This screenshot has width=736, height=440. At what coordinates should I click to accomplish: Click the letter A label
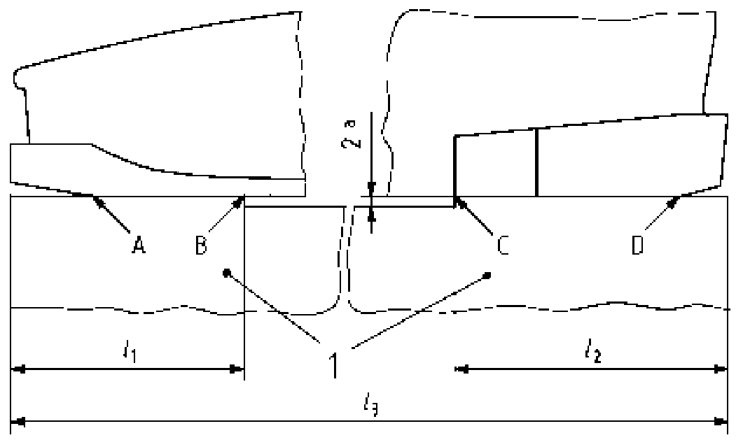(138, 244)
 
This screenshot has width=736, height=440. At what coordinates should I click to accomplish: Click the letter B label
(201, 244)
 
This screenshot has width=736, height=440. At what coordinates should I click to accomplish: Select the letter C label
(503, 245)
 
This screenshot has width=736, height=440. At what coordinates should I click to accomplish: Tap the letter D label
(637, 245)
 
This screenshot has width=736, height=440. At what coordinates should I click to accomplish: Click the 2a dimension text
(351, 134)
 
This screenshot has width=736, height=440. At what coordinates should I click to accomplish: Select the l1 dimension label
(130, 351)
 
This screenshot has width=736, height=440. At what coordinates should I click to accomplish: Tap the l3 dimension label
(371, 406)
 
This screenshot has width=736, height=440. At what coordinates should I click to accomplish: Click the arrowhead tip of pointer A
(93, 196)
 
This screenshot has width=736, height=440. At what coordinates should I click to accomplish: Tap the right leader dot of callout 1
(487, 276)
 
